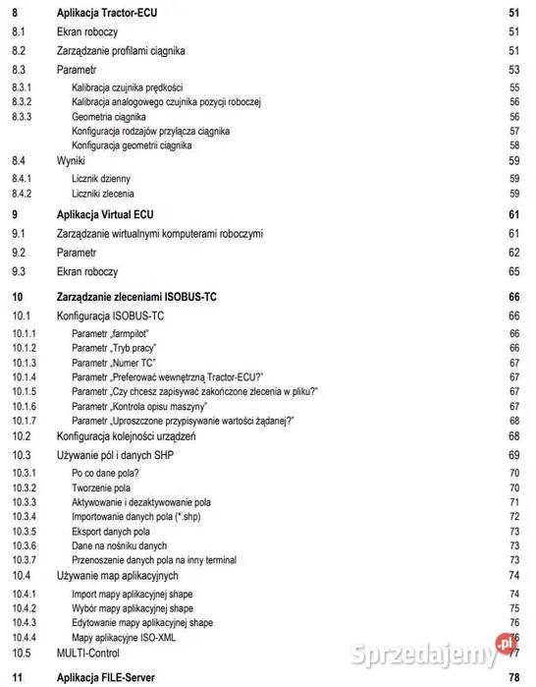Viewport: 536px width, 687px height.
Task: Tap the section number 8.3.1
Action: point(23,87)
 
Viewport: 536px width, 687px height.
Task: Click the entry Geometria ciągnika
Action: point(109,116)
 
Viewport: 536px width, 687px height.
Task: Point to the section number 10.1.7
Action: point(25,420)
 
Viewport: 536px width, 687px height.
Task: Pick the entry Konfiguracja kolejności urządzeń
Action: point(127,435)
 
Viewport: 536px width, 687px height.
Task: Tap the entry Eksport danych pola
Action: point(112,531)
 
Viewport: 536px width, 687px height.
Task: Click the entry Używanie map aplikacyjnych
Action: point(117,575)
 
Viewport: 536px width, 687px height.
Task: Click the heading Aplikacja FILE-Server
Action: point(111,677)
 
